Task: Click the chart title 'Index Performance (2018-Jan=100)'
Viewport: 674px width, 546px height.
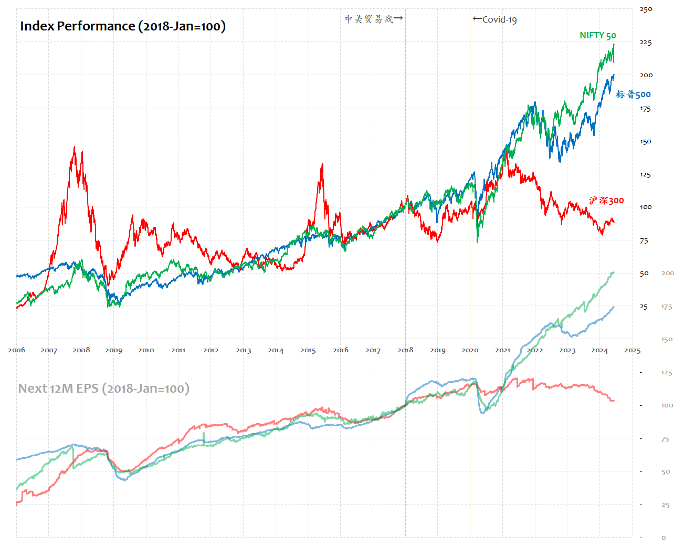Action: tap(123, 26)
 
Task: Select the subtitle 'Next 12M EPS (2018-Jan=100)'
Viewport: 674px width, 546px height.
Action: tap(104, 388)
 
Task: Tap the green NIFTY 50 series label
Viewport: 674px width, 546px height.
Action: tap(597, 36)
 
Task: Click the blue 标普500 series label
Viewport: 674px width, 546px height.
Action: tap(633, 94)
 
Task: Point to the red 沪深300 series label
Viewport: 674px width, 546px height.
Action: tap(606, 201)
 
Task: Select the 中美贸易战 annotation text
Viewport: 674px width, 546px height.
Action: tap(370, 19)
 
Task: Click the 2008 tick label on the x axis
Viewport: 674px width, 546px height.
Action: tap(81, 350)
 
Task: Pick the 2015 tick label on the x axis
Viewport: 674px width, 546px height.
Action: tap(308, 350)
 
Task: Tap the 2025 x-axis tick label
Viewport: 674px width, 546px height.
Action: tap(632, 350)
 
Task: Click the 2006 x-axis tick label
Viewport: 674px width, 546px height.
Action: tap(16, 350)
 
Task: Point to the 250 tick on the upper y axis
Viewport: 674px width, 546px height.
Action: tap(646, 9)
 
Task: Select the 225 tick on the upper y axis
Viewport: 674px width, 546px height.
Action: tap(646, 43)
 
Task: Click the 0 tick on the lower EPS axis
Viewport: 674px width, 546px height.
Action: tap(664, 538)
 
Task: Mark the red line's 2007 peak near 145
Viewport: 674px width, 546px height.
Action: tap(75, 147)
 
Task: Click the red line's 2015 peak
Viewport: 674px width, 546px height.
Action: tap(322, 164)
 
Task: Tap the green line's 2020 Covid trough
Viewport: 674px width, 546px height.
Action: tap(477, 242)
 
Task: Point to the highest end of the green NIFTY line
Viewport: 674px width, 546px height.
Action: tap(614, 45)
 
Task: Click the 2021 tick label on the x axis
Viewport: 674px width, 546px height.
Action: tap(502, 350)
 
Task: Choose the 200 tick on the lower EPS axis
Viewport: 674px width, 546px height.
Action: tap(667, 274)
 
